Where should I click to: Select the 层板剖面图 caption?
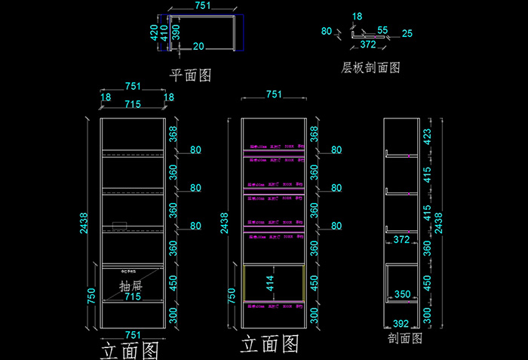[370, 67]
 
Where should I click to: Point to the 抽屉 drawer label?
[131, 286]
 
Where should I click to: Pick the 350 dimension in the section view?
[403, 295]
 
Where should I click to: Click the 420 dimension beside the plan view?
[154, 32]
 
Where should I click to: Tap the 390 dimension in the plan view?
[176, 32]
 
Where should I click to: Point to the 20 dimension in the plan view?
[198, 47]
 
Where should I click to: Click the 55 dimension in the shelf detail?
[382, 30]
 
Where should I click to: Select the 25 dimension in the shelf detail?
[407, 33]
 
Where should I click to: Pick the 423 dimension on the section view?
[428, 137]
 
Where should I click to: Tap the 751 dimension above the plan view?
[203, 6]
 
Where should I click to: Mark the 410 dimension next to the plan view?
[164, 32]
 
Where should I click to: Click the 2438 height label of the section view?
[439, 223]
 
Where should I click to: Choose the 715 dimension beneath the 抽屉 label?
[133, 297]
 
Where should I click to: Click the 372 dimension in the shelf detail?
[368, 45]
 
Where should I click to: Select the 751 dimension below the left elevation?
[133, 334]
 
